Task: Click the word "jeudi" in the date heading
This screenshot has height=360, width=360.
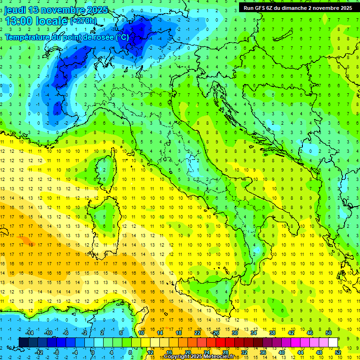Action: coord(15,10)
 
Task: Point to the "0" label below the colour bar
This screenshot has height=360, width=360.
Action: coord(92,352)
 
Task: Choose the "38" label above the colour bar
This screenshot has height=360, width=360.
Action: coord(272,333)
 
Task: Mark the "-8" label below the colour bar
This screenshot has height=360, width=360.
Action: coord(56,352)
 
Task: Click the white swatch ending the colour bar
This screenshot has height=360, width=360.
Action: coord(333,342)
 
